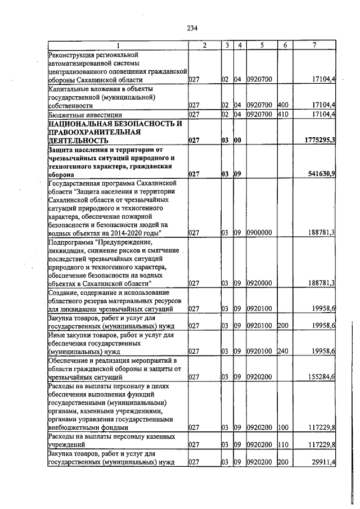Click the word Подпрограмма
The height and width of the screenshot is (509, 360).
tap(74, 242)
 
